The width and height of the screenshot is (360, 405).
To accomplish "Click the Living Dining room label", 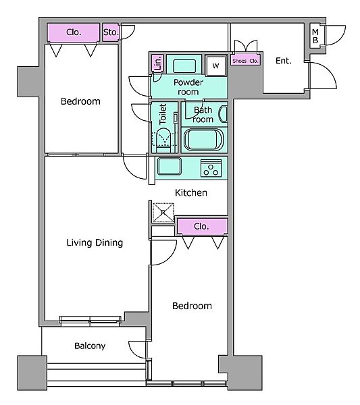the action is click(95, 243).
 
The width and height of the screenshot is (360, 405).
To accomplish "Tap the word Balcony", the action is click(90, 346).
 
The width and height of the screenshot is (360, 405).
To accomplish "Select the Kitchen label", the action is click(191, 192).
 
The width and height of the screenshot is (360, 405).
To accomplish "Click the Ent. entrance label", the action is click(284, 61).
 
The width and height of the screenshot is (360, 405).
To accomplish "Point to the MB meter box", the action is click(315, 36).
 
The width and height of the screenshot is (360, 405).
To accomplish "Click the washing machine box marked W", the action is click(215, 65).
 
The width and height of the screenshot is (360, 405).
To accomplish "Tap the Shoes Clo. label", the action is click(245, 61).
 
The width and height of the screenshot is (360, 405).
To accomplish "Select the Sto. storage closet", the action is click(111, 32).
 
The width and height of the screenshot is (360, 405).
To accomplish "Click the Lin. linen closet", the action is click(157, 63).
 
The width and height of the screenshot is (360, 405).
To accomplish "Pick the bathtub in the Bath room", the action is click(203, 140).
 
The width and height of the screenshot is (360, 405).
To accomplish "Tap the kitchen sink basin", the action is click(170, 167).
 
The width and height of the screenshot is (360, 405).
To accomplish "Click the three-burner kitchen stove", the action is click(211, 168).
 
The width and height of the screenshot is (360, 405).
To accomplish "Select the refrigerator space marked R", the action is click(163, 213).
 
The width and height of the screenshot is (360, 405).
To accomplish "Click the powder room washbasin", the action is click(184, 66).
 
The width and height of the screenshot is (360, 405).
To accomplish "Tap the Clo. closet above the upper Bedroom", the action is click(74, 32).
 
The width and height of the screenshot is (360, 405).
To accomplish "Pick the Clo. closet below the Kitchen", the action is click(202, 227).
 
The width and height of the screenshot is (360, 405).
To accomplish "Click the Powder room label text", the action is click(188, 87).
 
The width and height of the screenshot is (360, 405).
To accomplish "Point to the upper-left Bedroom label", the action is click(80, 101).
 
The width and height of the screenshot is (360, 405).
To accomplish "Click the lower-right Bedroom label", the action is click(192, 306).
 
